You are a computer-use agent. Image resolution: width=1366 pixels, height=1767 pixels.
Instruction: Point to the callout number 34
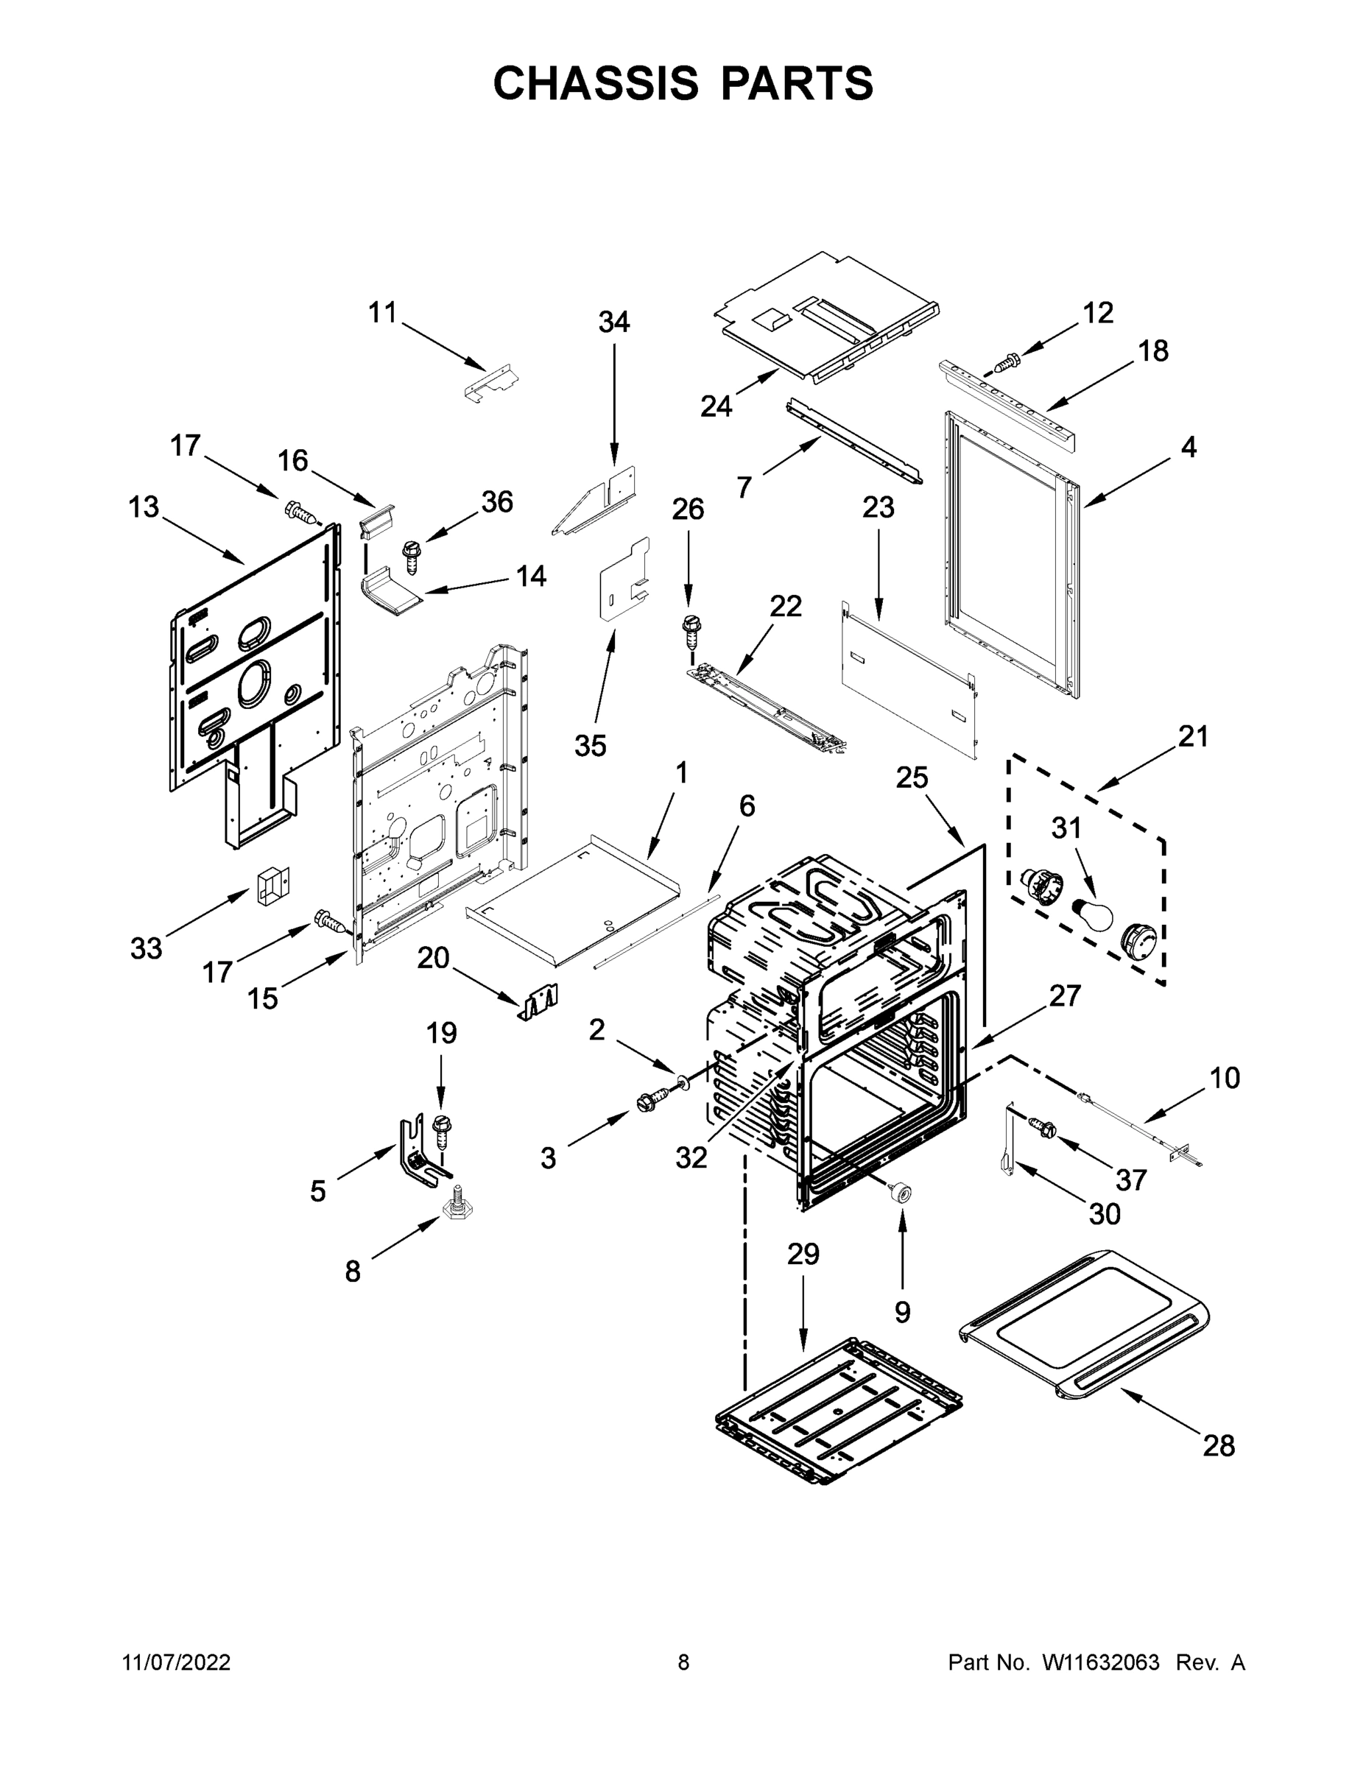pyautogui.click(x=613, y=322)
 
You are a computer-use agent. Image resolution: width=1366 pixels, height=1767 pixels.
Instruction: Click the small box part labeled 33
pyautogui.click(x=272, y=885)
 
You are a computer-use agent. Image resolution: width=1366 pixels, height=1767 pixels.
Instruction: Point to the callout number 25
pyautogui.click(x=912, y=777)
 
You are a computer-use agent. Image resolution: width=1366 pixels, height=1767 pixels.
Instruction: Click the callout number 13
pyautogui.click(x=144, y=507)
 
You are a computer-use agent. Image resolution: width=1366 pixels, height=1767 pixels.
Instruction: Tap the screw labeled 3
pyautogui.click(x=652, y=1101)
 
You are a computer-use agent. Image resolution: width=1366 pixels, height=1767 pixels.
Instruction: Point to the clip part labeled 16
pyautogui.click(x=376, y=518)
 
